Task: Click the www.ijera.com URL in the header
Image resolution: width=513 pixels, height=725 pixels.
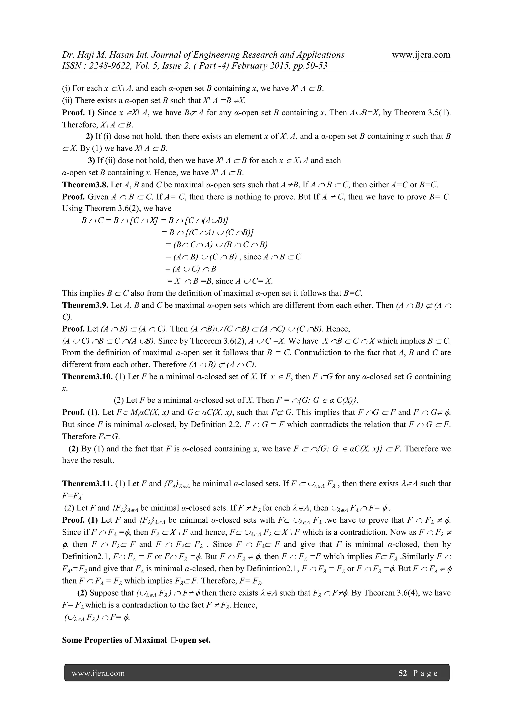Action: pos(421,55)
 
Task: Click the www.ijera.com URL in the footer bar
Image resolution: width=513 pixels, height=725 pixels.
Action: pos(98,673)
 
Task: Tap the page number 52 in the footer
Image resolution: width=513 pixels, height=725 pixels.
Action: pos(403,673)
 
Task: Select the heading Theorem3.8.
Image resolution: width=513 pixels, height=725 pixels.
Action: pos(85,185)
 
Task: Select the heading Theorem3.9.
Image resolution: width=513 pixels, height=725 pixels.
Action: pos(85,305)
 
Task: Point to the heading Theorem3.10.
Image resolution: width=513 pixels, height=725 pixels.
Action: pos(87,377)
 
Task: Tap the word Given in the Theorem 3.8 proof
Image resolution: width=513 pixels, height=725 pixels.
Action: pos(98,197)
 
